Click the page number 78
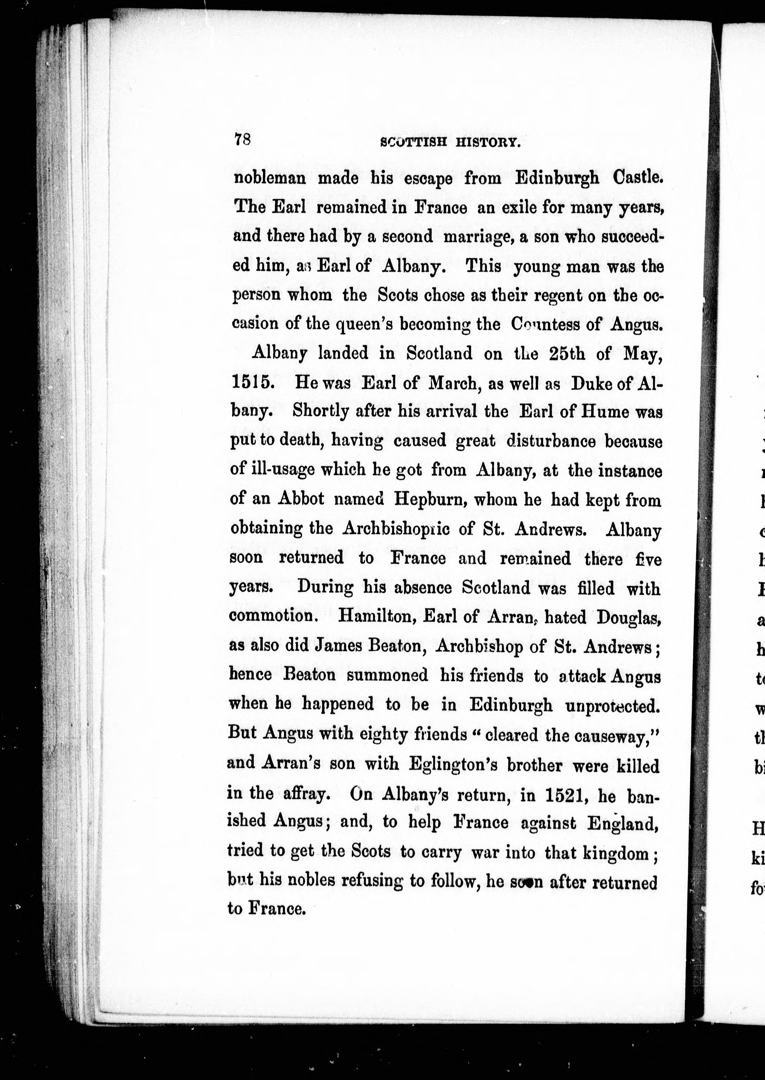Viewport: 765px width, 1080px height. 243,140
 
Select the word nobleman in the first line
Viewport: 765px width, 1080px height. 270,178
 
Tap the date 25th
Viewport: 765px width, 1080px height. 565,354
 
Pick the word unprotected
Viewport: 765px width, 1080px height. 612,705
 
